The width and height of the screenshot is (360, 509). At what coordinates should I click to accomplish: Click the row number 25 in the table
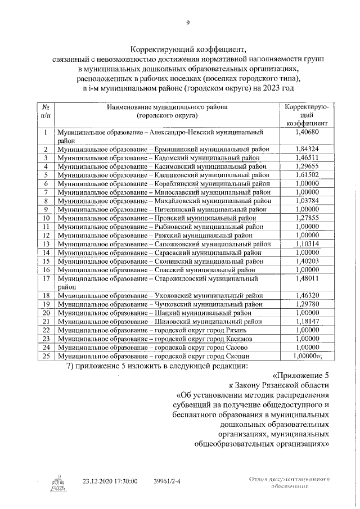(46, 356)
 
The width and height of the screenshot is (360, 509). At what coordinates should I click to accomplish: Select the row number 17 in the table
(46, 278)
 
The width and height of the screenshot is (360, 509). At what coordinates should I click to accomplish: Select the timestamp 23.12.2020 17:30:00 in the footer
(110, 481)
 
